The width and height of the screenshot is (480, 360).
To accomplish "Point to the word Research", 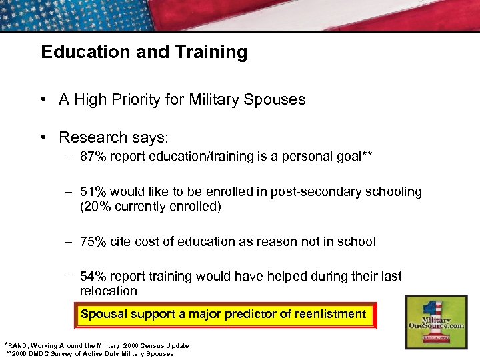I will (90, 137).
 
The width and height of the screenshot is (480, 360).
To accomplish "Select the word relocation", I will (108, 291).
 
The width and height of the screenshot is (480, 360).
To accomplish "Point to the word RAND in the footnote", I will (19, 346).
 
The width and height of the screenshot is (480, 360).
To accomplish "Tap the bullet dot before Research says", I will (42, 137).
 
